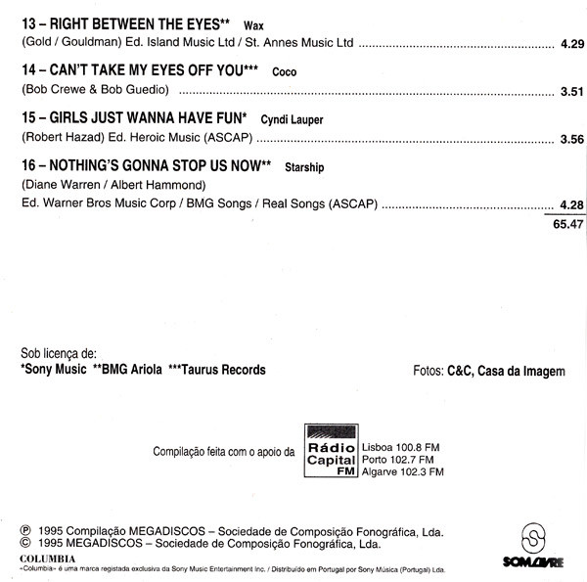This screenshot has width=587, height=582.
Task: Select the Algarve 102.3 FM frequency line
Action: tap(403, 470)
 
